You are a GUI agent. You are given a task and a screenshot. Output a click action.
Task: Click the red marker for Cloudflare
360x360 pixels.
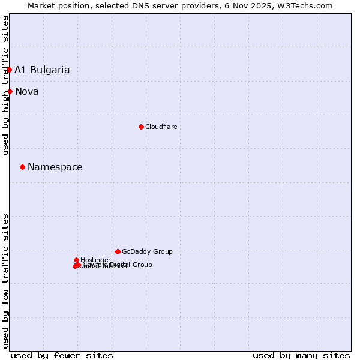coord(141,127)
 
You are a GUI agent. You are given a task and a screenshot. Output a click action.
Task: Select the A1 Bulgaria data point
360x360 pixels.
coord(9,70)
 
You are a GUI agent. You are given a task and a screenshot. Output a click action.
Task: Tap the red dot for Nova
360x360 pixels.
coord(10,91)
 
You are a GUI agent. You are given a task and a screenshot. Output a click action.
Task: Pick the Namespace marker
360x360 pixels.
coord(23,167)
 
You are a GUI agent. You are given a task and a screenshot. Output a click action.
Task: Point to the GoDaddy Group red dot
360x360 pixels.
coord(118,251)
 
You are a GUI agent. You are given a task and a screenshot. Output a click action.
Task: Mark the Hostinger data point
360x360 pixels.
coord(76,260)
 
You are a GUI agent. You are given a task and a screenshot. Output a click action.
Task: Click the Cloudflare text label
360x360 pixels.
coord(161,127)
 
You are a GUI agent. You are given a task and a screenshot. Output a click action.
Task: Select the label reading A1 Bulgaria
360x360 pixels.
coord(42,70)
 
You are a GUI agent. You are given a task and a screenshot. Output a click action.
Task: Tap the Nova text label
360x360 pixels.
coord(27,91)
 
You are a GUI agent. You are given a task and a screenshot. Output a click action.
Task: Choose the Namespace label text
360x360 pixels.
coord(55,167)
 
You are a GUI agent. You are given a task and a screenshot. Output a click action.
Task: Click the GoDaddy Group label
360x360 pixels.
coord(147,251)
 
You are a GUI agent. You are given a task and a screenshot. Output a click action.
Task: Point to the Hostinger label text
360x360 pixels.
coord(95,260)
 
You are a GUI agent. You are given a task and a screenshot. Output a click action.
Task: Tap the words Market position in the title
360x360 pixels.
coord(55,6)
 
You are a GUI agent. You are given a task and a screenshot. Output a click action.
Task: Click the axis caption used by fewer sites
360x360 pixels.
coord(62,355)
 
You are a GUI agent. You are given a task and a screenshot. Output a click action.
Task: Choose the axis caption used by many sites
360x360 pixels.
coord(301,355)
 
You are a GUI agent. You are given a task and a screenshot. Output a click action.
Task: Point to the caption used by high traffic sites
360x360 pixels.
coord(6,85)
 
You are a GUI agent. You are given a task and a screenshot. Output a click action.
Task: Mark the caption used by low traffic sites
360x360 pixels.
coord(6,280)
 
